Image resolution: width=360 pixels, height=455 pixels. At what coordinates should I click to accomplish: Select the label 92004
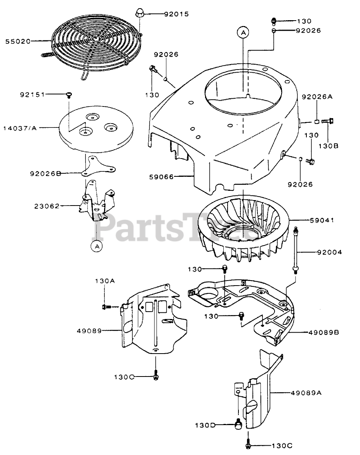pyautogui.click(x=330, y=252)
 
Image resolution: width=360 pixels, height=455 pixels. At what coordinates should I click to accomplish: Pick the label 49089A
pyautogui.click(x=306, y=393)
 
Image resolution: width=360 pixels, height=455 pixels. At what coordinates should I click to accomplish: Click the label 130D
pyautogui.click(x=205, y=425)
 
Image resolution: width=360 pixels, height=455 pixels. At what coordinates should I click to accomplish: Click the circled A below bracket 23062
pyautogui.click(x=97, y=246)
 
